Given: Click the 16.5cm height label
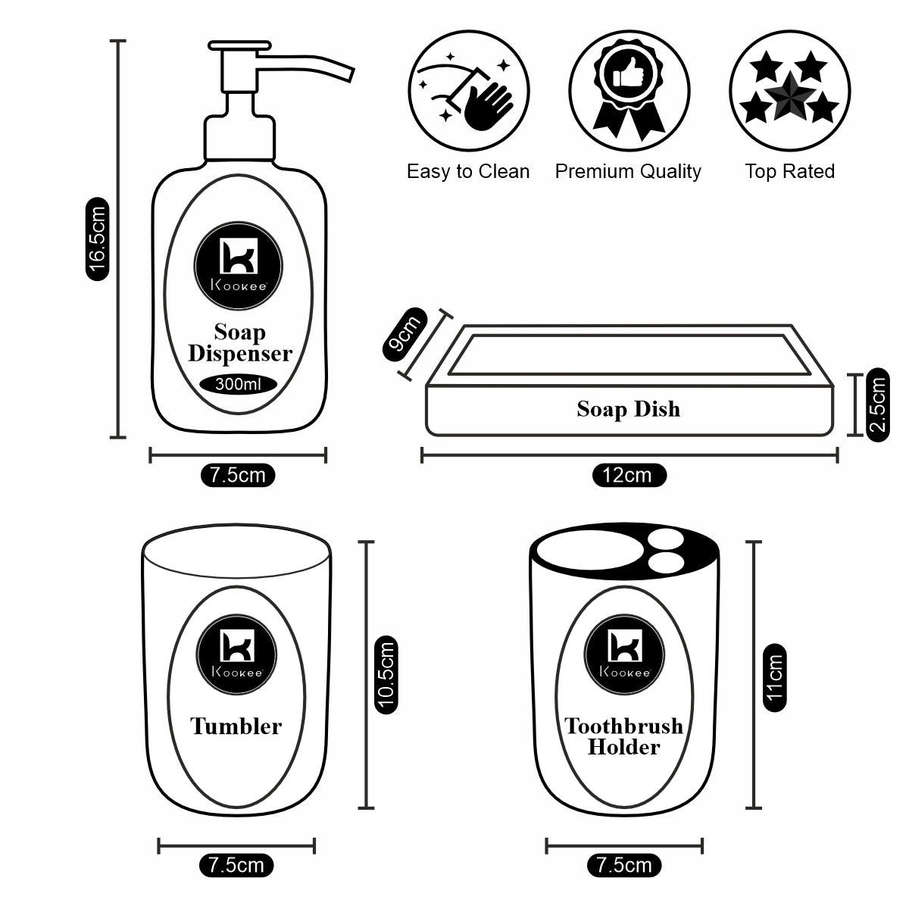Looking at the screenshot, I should (x=98, y=239).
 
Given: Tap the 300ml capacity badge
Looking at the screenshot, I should (x=239, y=385).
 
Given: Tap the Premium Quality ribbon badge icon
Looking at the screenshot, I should (x=629, y=91).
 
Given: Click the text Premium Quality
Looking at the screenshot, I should (x=628, y=171).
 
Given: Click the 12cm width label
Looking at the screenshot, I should (x=627, y=475).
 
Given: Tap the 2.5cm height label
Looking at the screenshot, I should (x=878, y=405).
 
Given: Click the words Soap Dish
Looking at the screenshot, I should (x=628, y=409).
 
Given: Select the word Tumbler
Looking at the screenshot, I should (x=236, y=726).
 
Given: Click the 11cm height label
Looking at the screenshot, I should (x=773, y=676).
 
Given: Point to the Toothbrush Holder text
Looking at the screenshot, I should (x=623, y=736).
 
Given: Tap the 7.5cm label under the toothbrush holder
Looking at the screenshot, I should (x=623, y=864).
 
